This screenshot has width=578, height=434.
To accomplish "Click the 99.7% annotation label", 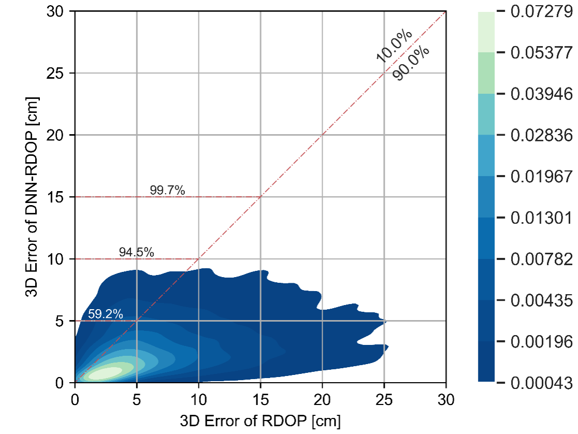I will (x=167, y=190).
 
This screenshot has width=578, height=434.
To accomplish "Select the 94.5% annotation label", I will (x=137, y=252).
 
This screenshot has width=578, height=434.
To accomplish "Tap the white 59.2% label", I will (x=105, y=314).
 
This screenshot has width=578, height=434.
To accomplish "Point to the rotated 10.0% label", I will (x=394, y=47).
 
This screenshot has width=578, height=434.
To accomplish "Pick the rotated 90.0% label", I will (x=411, y=64).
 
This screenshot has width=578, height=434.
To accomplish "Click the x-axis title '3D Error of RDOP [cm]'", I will (x=260, y=421).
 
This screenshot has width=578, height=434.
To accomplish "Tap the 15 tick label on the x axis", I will (x=260, y=399).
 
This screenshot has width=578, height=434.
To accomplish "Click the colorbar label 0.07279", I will (x=541, y=11).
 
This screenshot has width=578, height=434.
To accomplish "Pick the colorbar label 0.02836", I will (x=541, y=135).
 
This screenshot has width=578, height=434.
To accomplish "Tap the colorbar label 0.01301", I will (x=541, y=218).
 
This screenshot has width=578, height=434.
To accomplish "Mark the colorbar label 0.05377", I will (x=541, y=53).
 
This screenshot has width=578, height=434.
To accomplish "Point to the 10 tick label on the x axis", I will (x=198, y=399).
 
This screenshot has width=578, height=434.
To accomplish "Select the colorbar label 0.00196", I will (x=541, y=341).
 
